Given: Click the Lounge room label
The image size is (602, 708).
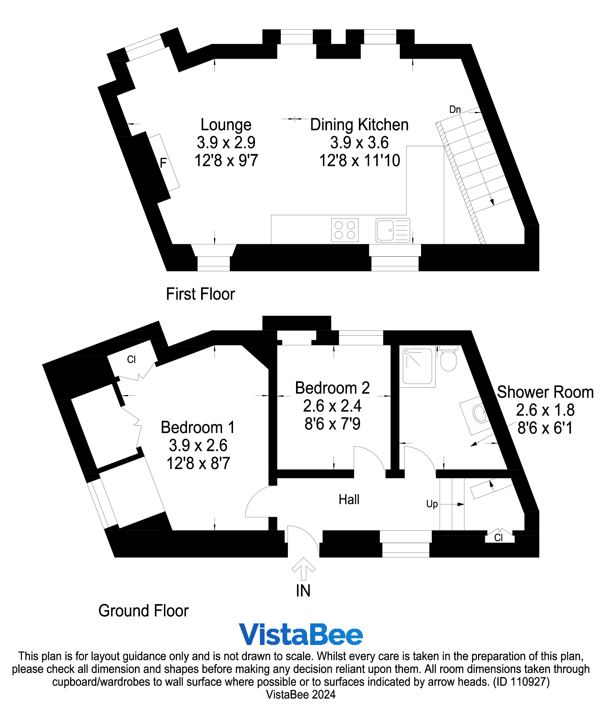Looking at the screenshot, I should click(x=226, y=125).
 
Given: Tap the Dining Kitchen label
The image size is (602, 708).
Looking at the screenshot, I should click(x=359, y=125).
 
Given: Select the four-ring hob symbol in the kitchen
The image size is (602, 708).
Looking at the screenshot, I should click(x=345, y=230).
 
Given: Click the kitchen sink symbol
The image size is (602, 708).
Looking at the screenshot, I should click(x=393, y=230).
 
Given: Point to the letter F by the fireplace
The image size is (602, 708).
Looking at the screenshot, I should click(x=163, y=163).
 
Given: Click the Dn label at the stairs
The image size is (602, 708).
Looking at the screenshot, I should click(x=455, y=110).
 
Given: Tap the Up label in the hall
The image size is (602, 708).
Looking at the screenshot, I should click(x=432, y=504).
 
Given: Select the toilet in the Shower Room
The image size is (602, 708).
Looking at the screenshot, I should click(x=448, y=359).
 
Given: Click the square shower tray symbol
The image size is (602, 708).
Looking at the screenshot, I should click(x=418, y=367).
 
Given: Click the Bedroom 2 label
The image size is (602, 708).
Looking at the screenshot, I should click(x=332, y=388).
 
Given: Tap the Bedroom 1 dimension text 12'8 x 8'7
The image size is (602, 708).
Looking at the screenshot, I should click(x=198, y=463).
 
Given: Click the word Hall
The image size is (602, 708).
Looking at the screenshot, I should click(x=349, y=499).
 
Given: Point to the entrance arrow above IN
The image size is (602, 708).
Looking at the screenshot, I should click(x=303, y=569).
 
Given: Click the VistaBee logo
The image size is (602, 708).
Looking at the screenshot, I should click(x=301, y=634).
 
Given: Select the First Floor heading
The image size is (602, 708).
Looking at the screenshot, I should click(x=200, y=294).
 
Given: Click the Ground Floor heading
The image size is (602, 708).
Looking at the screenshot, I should click(x=143, y=611).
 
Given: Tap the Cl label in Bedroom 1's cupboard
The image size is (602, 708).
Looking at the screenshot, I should click(x=131, y=360).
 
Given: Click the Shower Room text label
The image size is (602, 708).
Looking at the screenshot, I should click(x=545, y=392).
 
